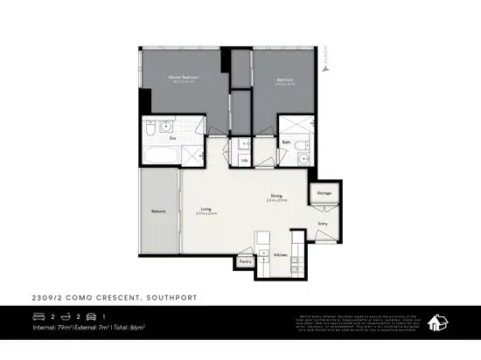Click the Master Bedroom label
[184, 77]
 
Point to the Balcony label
[158, 211]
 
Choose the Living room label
[206, 209]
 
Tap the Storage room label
[324, 192]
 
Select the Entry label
[322, 223]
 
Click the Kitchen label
[280, 254]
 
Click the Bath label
[286, 142]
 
